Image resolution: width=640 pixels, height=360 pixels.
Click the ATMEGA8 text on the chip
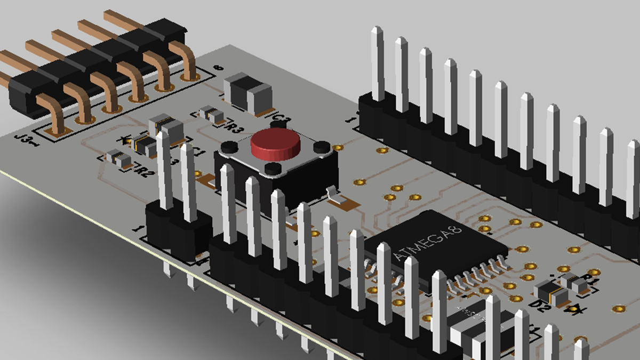(426, 242)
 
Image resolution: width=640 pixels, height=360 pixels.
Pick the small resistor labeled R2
(118, 158)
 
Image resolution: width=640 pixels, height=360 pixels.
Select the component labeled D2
(548, 291)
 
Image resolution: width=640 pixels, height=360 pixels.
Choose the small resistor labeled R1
(573, 281)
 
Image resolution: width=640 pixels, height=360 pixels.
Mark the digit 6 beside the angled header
(217, 67)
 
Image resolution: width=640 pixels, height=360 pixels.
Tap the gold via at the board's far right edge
(619, 308)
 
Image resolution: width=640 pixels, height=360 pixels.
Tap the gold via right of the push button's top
(337, 147)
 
